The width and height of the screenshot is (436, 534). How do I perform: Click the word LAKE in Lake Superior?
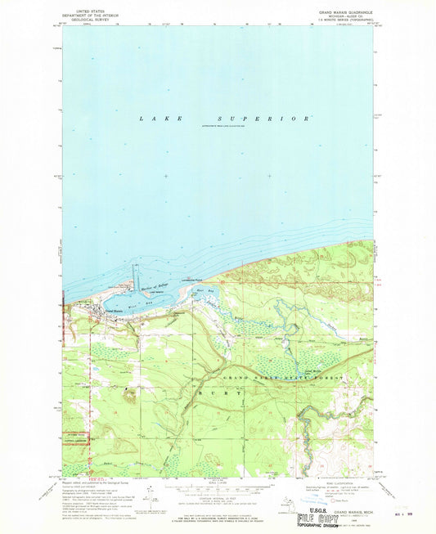pos(154,119)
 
